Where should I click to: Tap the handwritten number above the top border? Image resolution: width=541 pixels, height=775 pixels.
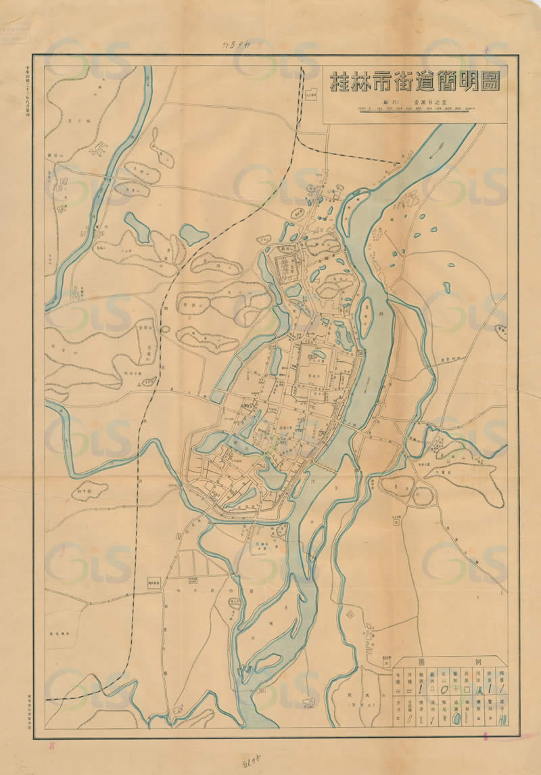coord(233,45)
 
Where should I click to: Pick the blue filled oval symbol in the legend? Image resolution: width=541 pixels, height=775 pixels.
coord(456,719)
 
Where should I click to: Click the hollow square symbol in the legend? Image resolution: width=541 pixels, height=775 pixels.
coord(467,690)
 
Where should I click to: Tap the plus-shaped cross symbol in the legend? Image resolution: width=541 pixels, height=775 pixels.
coord(456,689)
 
